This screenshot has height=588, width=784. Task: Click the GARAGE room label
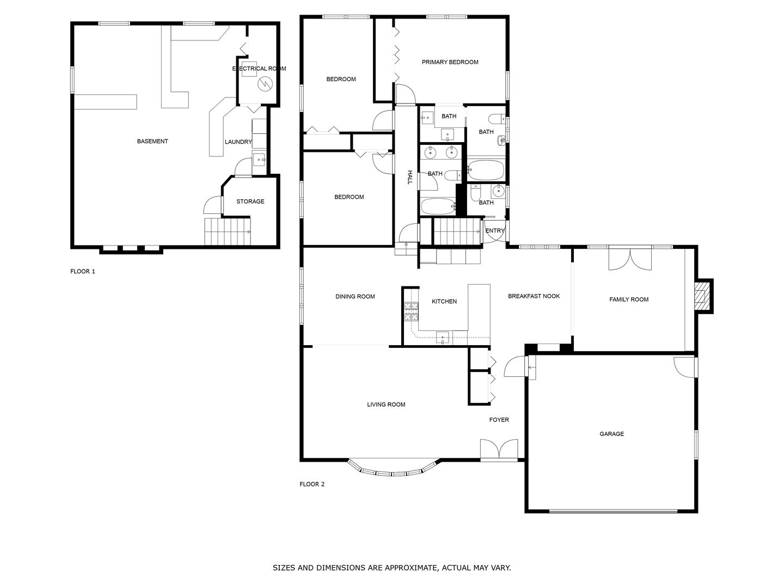[611, 434]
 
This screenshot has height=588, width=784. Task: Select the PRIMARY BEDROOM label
[450, 62]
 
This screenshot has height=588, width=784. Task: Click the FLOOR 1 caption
[83, 271]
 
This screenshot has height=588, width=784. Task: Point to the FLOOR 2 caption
[312, 484]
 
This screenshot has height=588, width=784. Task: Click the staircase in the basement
[228, 231]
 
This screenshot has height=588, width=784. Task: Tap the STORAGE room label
[250, 201]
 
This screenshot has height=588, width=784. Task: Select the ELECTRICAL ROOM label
[259, 69]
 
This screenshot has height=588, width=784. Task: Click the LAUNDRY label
[238, 142]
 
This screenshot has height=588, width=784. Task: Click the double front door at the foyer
[499, 450]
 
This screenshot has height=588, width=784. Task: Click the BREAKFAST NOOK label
[534, 296]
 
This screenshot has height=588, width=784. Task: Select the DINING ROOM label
[355, 297]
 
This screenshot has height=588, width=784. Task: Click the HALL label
[410, 177]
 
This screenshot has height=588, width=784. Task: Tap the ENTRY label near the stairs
[495, 231]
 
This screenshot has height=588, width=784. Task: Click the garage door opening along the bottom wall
[613, 511]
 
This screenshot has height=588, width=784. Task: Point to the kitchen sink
[443, 338]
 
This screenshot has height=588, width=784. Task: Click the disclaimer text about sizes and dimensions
[391, 568]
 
